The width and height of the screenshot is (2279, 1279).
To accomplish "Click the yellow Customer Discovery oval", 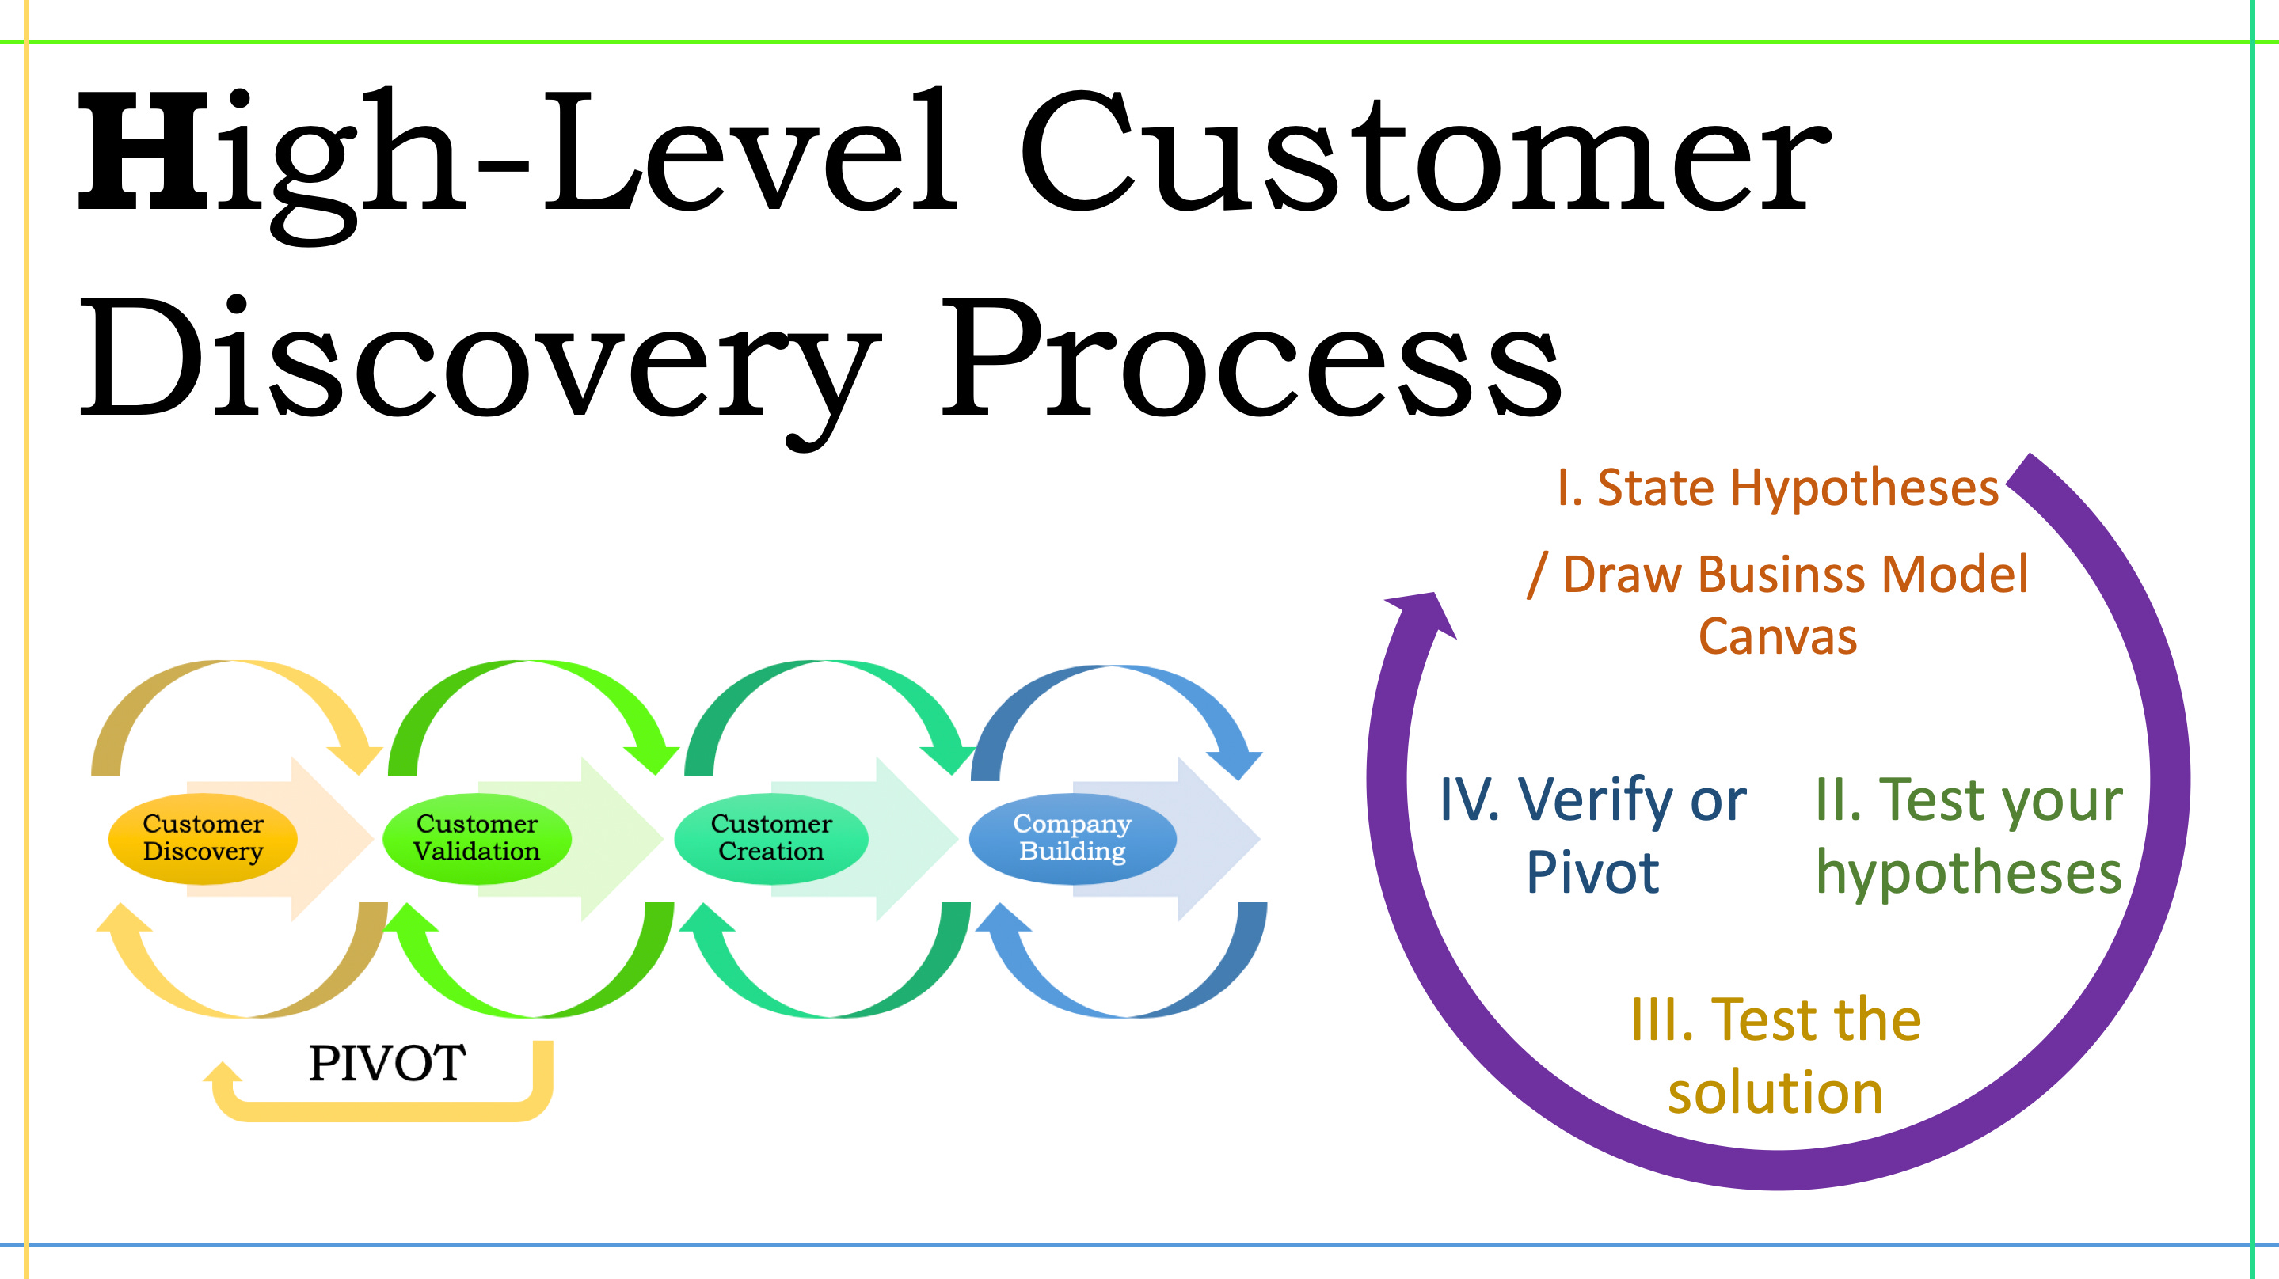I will click(x=203, y=837).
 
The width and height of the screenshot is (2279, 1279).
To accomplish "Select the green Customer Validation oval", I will click(x=476, y=837).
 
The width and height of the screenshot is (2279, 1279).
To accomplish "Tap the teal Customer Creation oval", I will click(x=770, y=837).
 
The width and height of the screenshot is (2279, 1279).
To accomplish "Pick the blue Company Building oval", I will click(x=1071, y=837).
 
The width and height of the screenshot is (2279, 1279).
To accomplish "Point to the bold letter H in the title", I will click(x=142, y=152).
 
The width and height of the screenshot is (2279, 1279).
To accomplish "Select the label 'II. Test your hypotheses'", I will click(x=1968, y=836).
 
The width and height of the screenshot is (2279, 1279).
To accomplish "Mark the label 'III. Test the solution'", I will click(x=1775, y=1055).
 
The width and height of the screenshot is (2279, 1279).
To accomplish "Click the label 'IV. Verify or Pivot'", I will click(x=1592, y=836).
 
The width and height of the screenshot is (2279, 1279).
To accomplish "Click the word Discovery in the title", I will click(x=477, y=359).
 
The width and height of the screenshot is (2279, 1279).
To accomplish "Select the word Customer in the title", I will click(x=1425, y=152).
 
